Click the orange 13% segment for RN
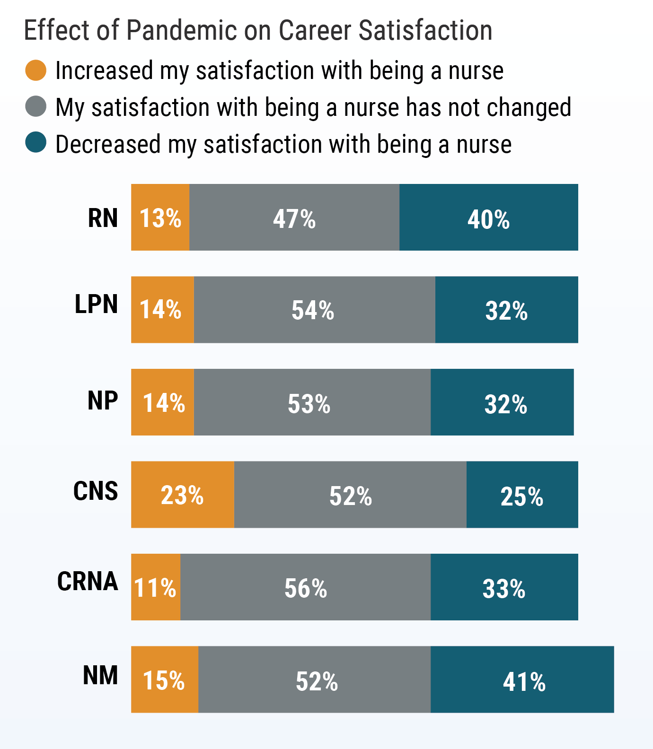(x=160, y=218)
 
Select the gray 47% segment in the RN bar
(x=294, y=218)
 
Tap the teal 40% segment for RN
(x=488, y=218)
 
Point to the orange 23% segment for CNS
(x=182, y=495)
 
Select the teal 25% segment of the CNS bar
(x=522, y=495)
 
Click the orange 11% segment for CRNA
(x=156, y=587)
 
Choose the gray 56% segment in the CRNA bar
(x=305, y=587)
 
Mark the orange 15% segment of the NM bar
(x=164, y=679)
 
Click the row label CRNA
(x=88, y=581)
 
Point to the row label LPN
(x=96, y=304)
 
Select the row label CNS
(x=95, y=491)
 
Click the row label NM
(x=100, y=675)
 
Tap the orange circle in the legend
(x=35, y=70)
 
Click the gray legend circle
(x=35, y=106)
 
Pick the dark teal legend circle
(x=35, y=143)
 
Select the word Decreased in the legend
(x=108, y=144)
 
